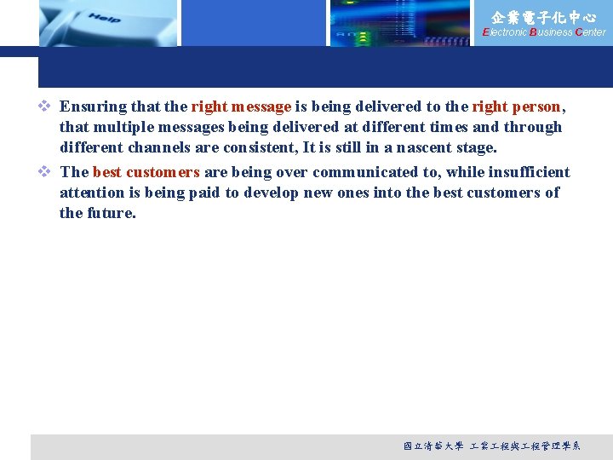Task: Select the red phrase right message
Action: (x=241, y=106)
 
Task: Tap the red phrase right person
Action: (x=516, y=106)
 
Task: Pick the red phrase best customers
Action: (x=146, y=172)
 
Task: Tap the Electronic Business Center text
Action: (x=544, y=32)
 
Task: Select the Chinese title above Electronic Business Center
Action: (x=544, y=16)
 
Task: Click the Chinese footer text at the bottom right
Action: (x=491, y=446)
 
